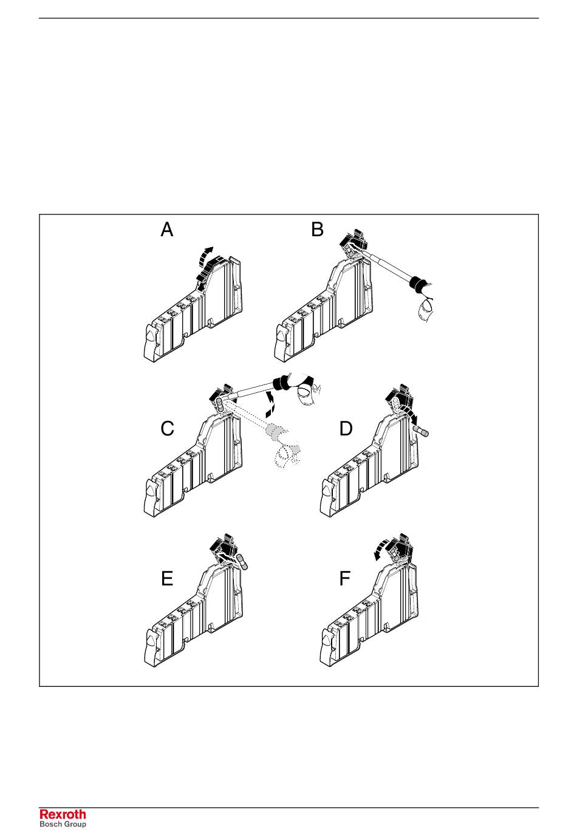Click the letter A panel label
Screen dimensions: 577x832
167,230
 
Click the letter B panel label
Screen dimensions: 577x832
317,230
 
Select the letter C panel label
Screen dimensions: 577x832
167,429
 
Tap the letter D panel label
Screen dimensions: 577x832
346,429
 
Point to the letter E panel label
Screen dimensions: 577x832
167,579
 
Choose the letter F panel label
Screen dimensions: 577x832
344,579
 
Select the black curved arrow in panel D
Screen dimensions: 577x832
412,417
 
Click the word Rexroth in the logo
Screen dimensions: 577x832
63,814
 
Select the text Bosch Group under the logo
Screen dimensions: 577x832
63,824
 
